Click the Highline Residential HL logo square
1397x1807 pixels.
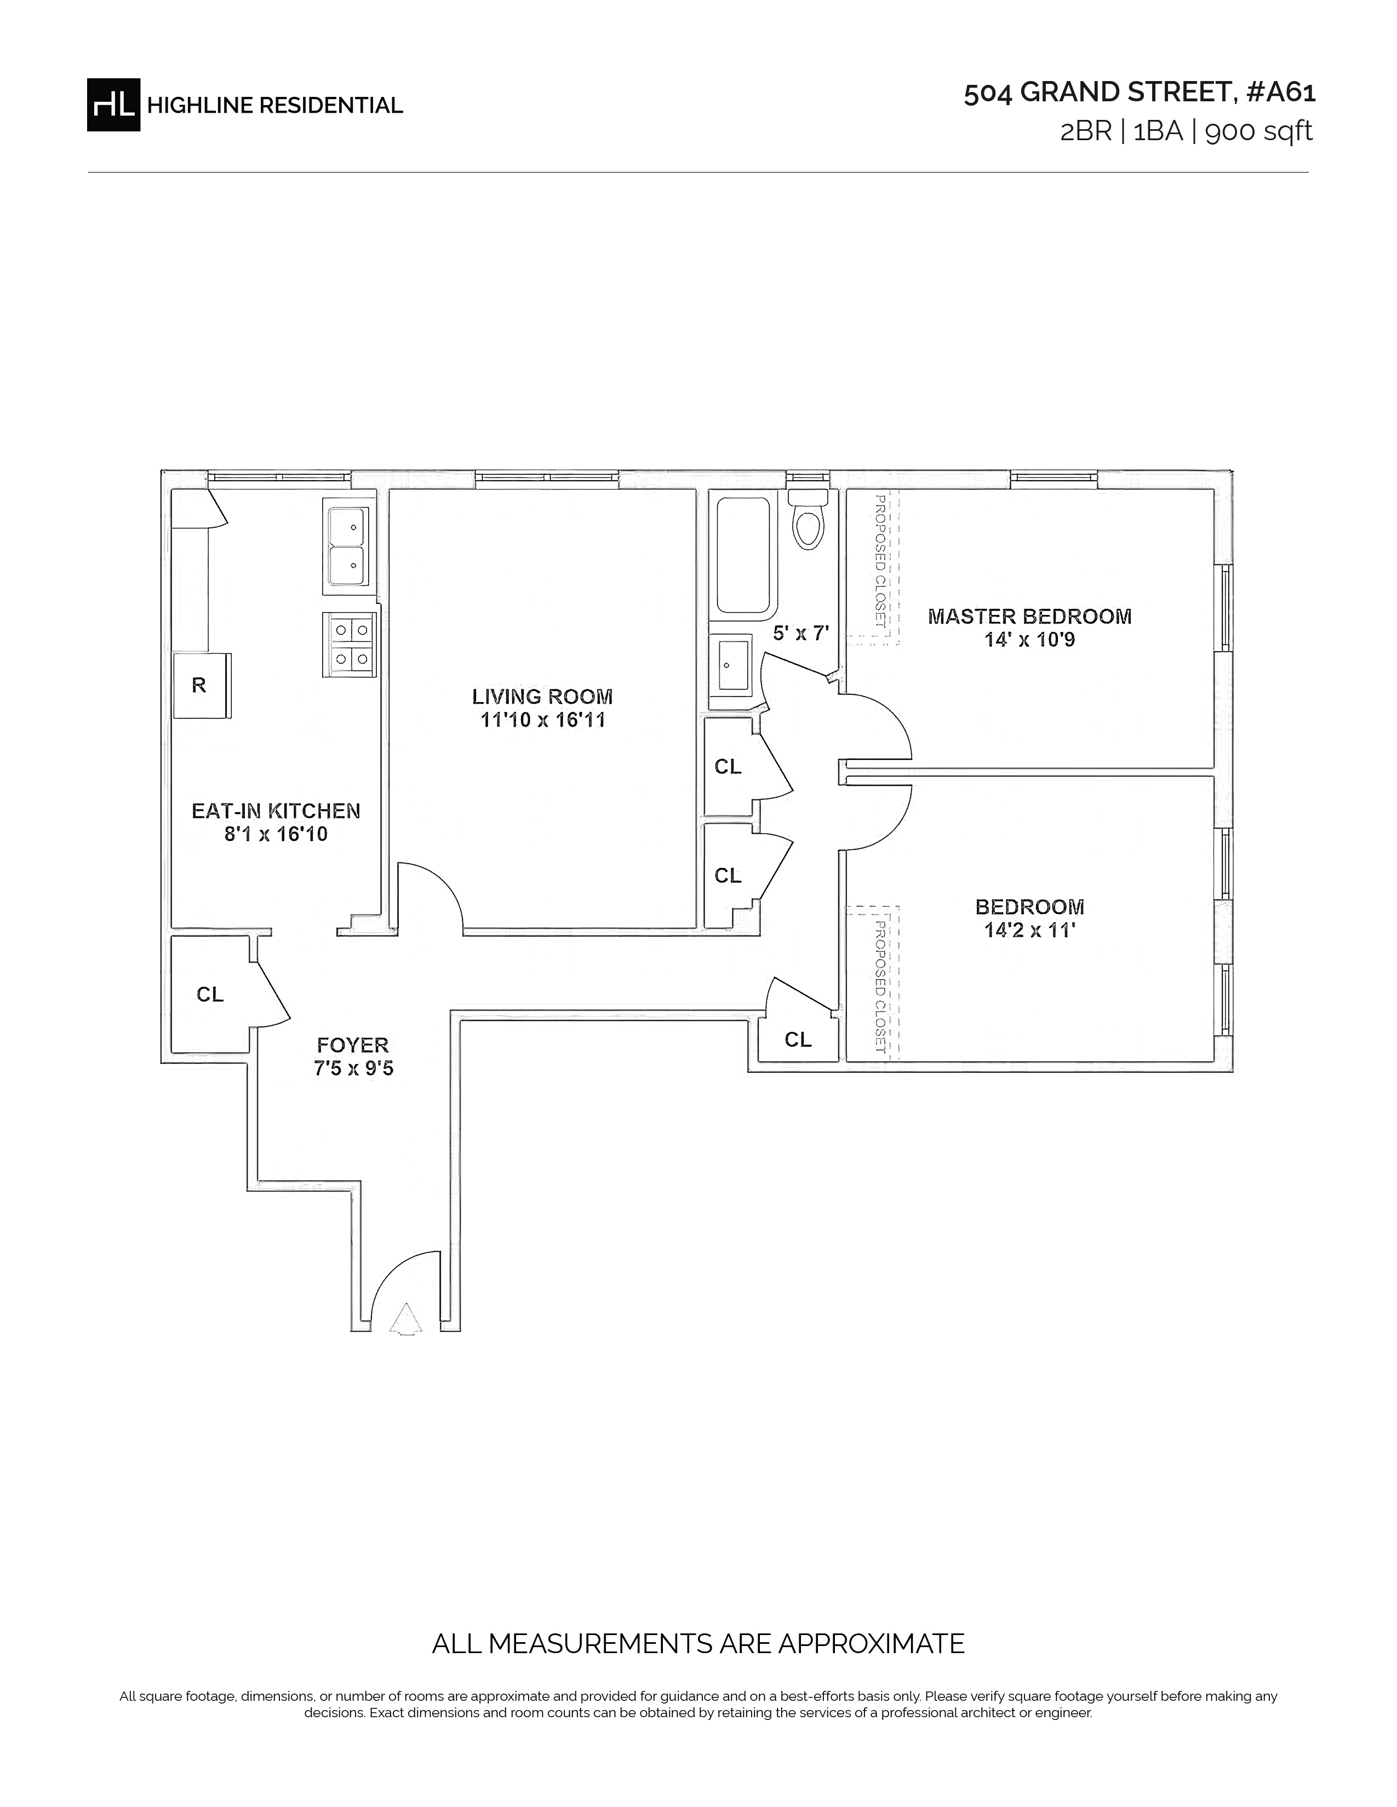113,104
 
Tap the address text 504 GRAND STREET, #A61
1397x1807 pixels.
1140,93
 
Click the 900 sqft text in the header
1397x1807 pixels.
1259,131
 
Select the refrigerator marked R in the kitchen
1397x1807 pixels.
201,685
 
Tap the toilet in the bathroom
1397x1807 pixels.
808,519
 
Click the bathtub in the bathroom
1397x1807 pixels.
743,556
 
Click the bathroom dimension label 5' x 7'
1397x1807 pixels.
800,634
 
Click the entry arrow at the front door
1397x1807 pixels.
405,1319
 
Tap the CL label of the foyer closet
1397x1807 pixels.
210,994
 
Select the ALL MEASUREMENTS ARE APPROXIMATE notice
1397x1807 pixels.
698,1643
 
